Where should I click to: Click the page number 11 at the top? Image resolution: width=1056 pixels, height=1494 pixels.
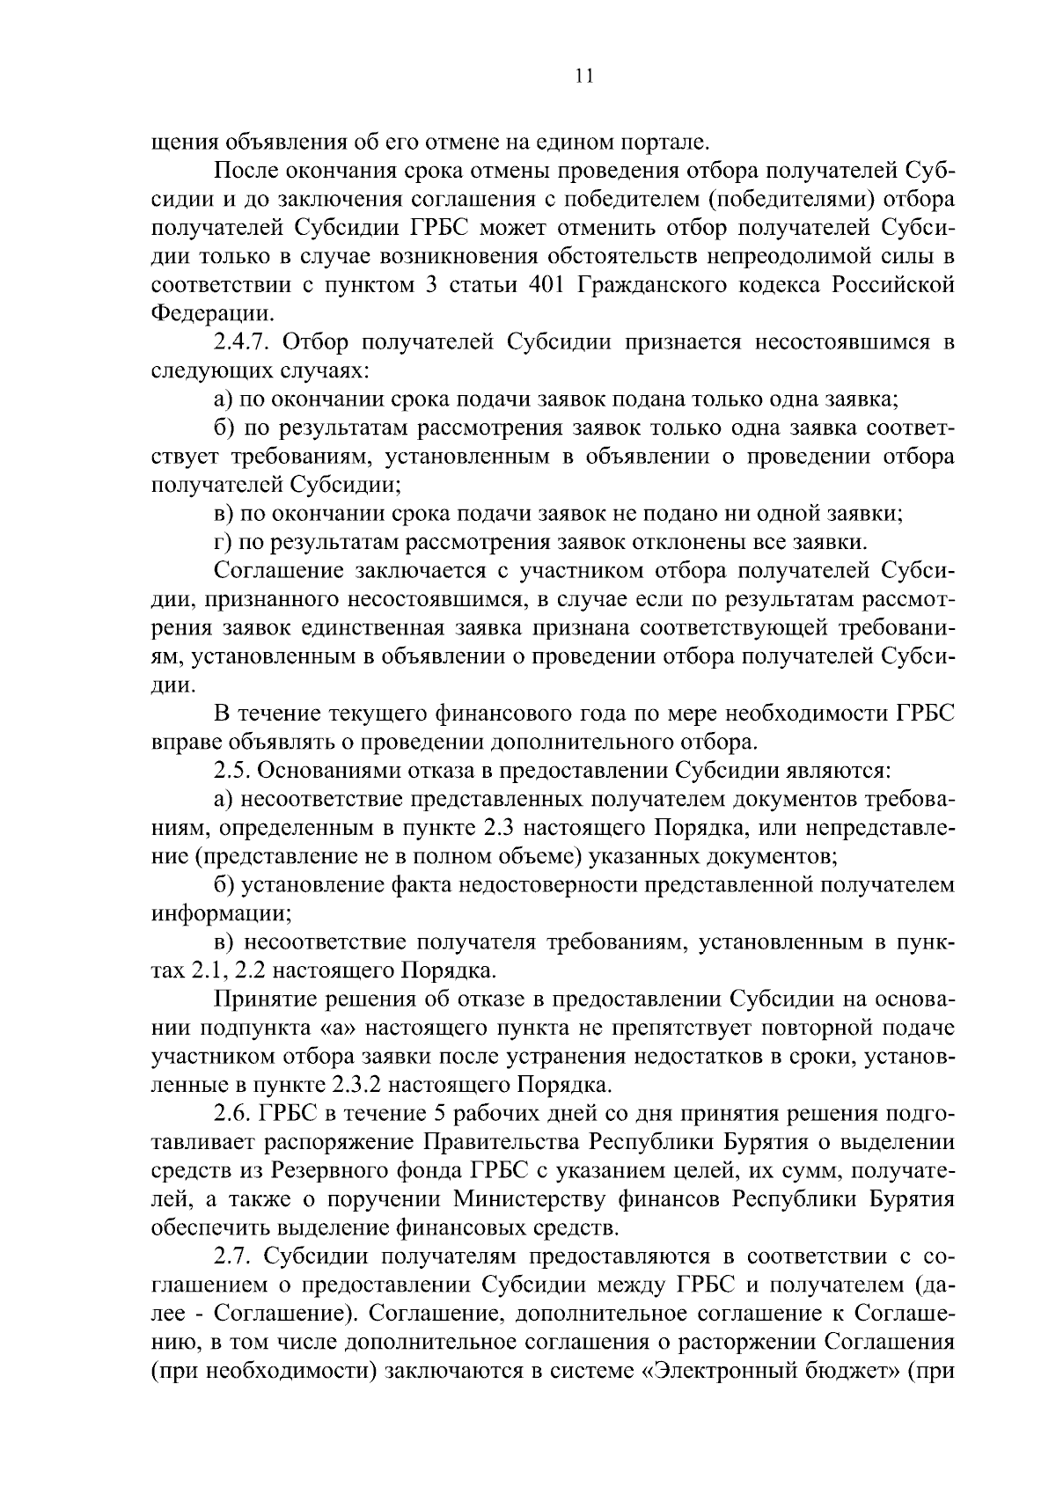(x=583, y=76)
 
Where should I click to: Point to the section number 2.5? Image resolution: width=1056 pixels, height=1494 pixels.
(x=232, y=771)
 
